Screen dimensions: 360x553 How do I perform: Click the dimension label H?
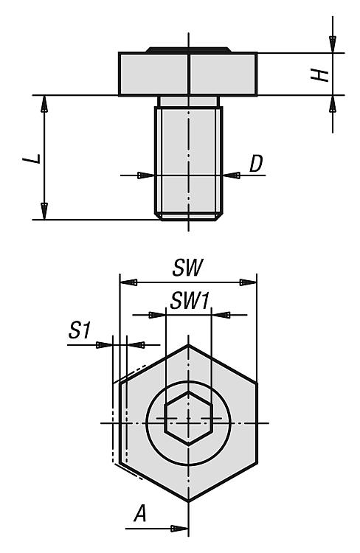(x=319, y=75)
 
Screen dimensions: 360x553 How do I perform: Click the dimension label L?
(x=32, y=159)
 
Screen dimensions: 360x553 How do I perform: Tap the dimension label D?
(x=256, y=164)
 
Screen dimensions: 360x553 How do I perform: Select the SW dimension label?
(x=188, y=268)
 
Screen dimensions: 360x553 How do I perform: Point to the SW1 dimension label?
(x=190, y=301)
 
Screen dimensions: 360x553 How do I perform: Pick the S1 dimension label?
(x=80, y=331)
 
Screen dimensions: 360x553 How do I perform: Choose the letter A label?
(x=140, y=513)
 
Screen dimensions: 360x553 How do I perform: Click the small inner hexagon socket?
(x=188, y=418)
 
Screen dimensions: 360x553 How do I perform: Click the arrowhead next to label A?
(x=179, y=529)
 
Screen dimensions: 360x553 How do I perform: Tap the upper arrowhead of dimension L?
(x=44, y=104)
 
